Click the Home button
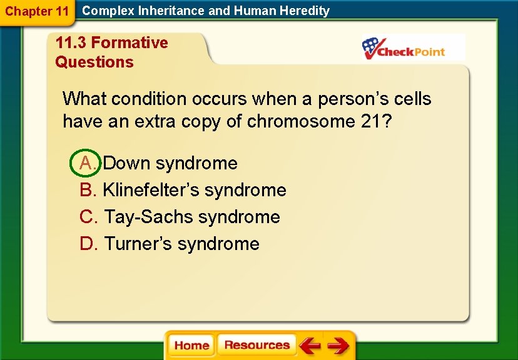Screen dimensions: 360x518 tap(191, 346)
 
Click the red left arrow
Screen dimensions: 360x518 tap(309, 345)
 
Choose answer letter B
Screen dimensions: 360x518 tap(87, 190)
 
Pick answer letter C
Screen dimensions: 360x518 tap(88, 217)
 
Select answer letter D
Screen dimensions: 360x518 tap(88, 244)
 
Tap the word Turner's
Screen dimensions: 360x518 tap(138, 244)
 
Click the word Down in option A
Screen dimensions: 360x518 tap(127, 163)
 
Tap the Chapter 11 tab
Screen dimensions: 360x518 tap(36, 11)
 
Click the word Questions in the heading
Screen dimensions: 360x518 tap(94, 62)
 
